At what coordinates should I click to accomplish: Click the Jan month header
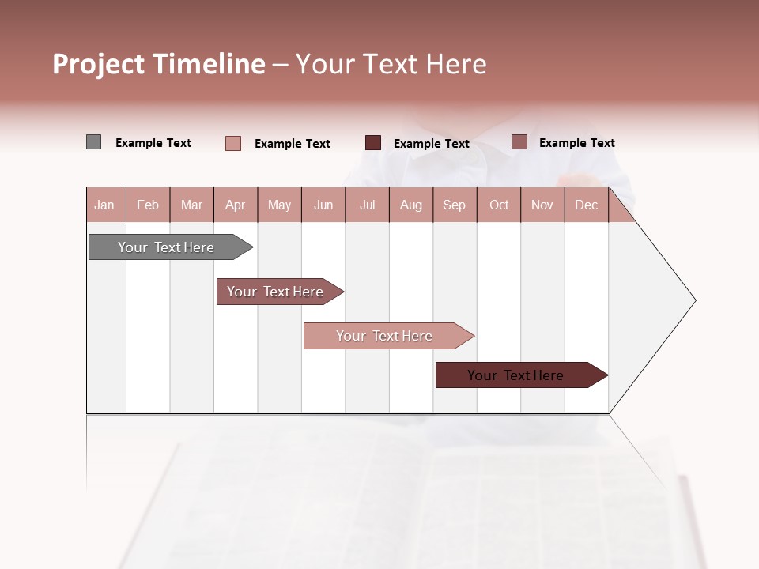pos(104,205)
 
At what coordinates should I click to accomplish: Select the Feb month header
pos(148,205)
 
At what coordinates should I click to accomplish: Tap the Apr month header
pos(235,205)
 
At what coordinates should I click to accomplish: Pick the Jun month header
pos(323,205)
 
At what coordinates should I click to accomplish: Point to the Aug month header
pos(410,205)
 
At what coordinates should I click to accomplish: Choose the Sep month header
pos(454,205)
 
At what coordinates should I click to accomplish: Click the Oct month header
pos(499,205)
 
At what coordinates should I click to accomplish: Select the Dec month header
pos(586,205)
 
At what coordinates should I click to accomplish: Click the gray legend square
pos(93,142)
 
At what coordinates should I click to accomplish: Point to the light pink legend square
pos(233,143)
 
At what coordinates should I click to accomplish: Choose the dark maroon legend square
pos(373,143)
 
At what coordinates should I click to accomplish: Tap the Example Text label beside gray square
pos(153,143)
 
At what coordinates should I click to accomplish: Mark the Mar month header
pos(191,205)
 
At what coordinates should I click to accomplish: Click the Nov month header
pos(542,205)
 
